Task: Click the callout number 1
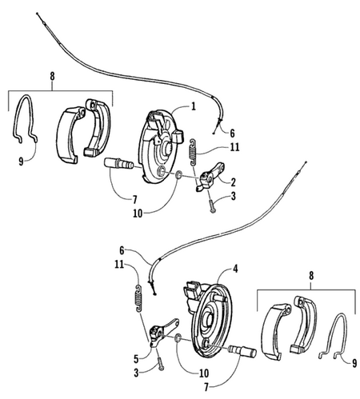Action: tap(193, 106)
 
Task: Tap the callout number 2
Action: tap(233, 182)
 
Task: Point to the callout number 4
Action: tap(235, 269)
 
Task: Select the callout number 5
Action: tap(136, 359)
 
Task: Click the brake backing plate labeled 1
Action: tap(161, 146)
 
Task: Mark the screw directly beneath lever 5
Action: tap(161, 364)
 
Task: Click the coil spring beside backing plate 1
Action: tap(193, 152)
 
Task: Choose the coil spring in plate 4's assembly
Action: tap(138, 298)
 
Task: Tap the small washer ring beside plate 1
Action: tap(179, 175)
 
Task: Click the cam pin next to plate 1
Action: tap(118, 163)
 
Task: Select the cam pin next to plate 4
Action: tap(242, 352)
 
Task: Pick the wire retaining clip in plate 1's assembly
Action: tap(25, 119)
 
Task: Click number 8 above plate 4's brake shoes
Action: tap(311, 276)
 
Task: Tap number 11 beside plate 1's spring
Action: tap(234, 147)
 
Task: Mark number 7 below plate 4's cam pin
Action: tap(206, 388)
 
